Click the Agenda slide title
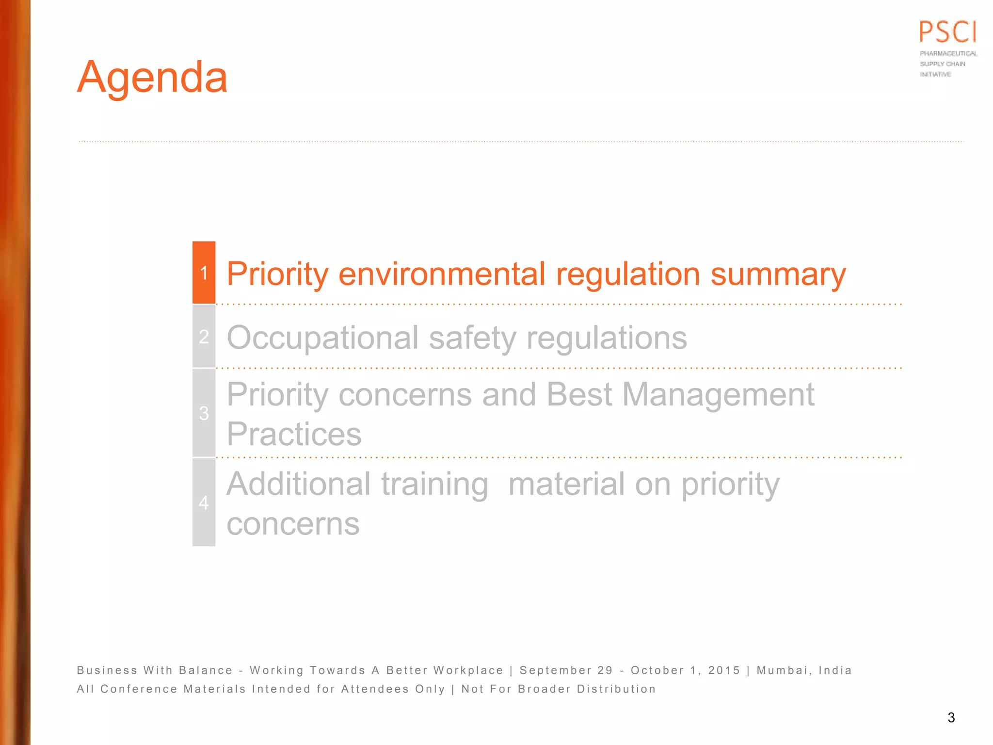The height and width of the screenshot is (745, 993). [x=152, y=78]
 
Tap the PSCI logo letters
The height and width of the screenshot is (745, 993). [x=948, y=32]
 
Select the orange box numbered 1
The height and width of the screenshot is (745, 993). [x=204, y=273]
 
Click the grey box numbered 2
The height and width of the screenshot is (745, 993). [x=204, y=337]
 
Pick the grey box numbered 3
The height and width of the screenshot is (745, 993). [x=204, y=413]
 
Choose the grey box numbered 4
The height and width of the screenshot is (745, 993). [x=204, y=502]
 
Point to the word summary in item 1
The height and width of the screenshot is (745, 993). [x=778, y=275]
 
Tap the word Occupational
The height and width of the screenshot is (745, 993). [x=322, y=338]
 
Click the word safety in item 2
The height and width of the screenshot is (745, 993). [x=472, y=338]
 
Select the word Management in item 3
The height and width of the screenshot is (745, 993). [x=718, y=394]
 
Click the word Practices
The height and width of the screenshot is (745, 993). [x=294, y=434]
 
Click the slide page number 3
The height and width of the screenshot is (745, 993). [x=951, y=717]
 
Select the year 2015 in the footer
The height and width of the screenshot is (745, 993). [x=724, y=670]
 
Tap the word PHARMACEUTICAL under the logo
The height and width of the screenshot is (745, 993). [x=948, y=53]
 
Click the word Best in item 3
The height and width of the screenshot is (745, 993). [x=579, y=394]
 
